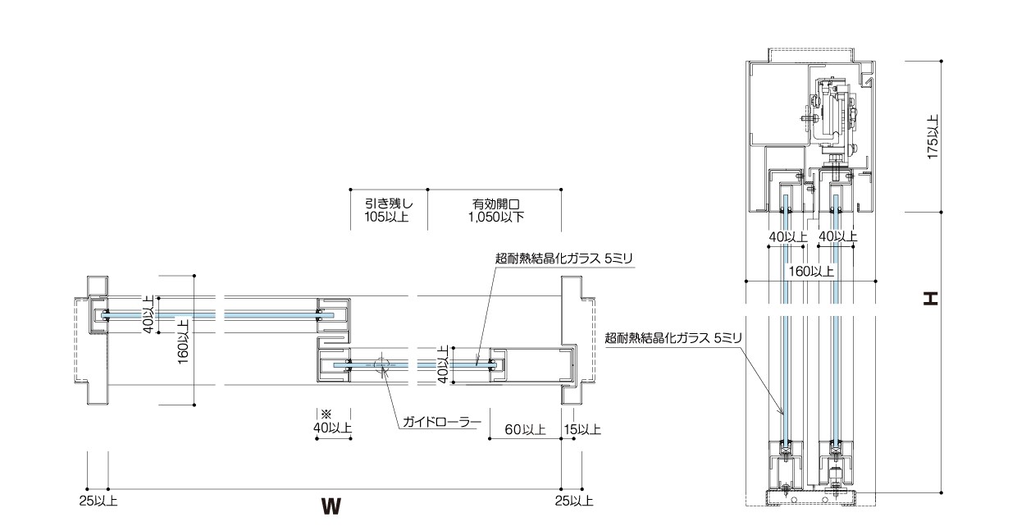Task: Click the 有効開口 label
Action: [x=497, y=204]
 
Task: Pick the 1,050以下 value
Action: [x=497, y=217]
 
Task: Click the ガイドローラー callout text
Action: [x=440, y=423]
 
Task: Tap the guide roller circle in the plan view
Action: [x=381, y=364]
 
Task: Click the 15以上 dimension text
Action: [x=582, y=429]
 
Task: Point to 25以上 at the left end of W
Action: [x=98, y=500]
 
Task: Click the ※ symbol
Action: [x=325, y=414]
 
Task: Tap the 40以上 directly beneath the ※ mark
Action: [x=332, y=428]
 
